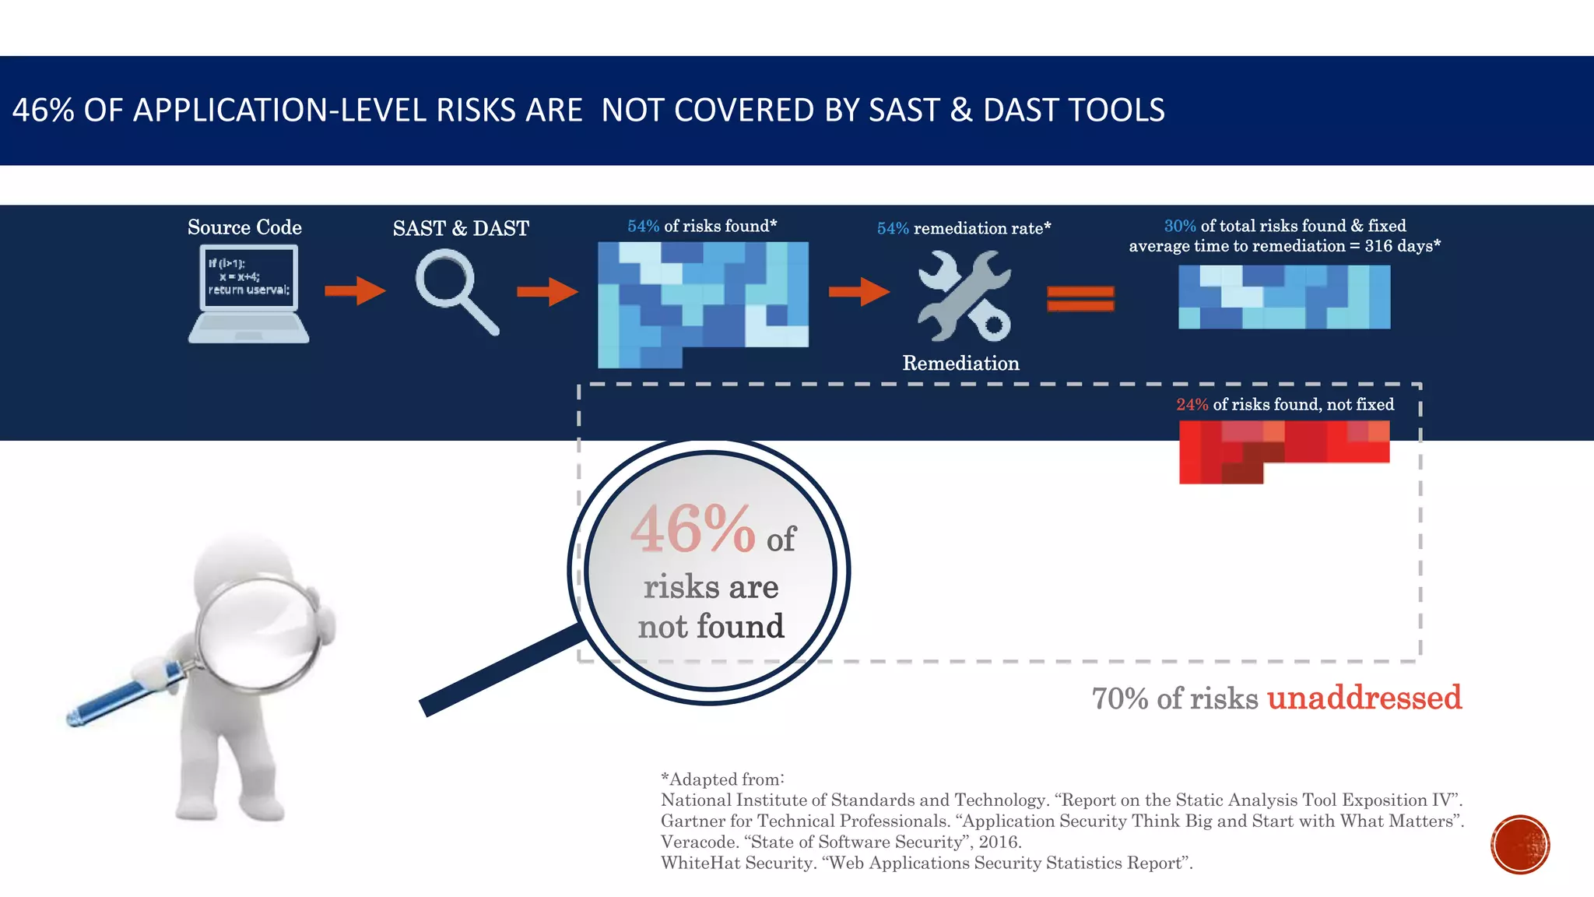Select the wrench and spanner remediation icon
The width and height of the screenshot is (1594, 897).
point(964,295)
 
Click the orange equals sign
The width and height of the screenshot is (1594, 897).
point(1080,298)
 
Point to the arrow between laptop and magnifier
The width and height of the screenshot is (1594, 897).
point(355,291)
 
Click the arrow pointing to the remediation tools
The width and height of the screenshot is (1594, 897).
point(858,292)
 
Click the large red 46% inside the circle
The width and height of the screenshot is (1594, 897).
point(692,529)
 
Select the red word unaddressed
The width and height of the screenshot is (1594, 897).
point(1364,697)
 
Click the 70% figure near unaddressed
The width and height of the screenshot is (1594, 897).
point(1120,698)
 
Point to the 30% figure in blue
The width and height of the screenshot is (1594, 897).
point(1179,226)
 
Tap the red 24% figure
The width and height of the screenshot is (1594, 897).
point(1192,404)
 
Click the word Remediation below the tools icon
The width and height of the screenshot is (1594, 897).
point(960,363)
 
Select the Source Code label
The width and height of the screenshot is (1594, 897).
point(244,227)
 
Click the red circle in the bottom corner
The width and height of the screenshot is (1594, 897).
point(1520,845)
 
